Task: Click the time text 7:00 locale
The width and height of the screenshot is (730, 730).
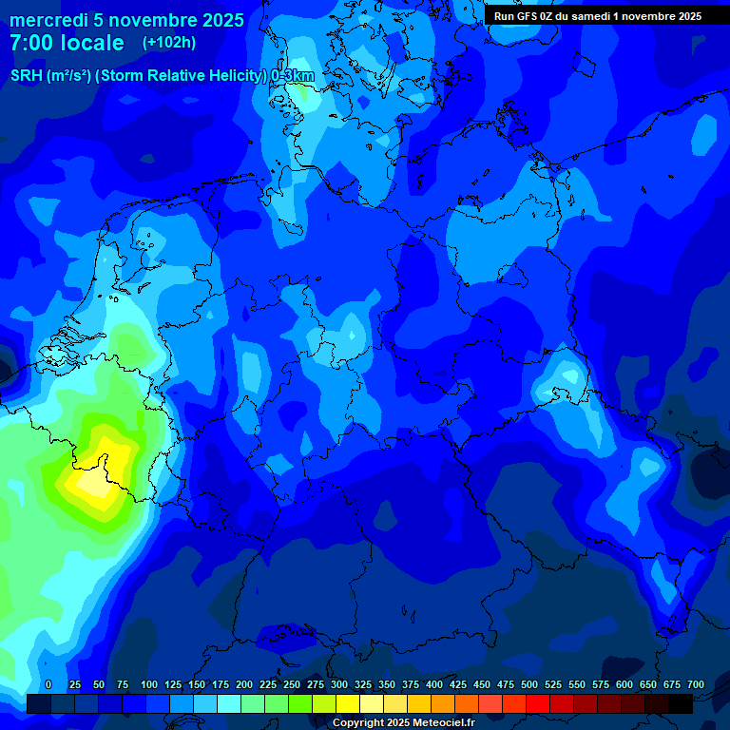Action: point(67,44)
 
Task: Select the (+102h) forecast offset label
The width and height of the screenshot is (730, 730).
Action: point(169,43)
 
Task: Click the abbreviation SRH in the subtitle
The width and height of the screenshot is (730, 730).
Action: point(26,76)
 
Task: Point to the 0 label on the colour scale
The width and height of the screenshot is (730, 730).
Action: point(48,684)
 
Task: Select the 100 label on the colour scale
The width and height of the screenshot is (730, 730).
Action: point(149,684)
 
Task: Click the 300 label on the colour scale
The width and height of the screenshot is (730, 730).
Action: point(339,684)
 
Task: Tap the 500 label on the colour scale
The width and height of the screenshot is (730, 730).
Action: point(529,684)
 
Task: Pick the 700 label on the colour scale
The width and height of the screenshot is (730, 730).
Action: point(696,684)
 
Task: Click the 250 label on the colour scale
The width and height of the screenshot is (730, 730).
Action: point(292,684)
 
